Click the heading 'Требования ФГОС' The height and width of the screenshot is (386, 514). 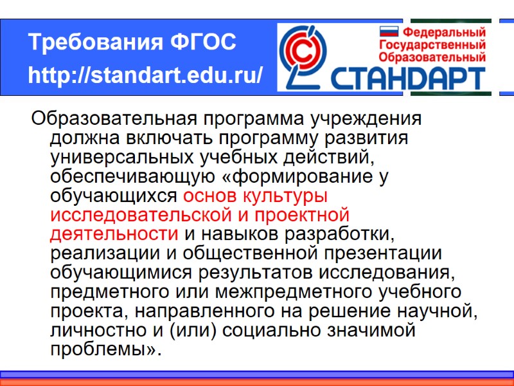[x=132, y=43]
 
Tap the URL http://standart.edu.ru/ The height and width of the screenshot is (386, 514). [x=145, y=76]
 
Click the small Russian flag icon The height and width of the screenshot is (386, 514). [x=389, y=31]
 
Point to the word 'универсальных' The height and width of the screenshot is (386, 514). [x=116, y=156]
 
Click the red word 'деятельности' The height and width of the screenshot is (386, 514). [x=114, y=233]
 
